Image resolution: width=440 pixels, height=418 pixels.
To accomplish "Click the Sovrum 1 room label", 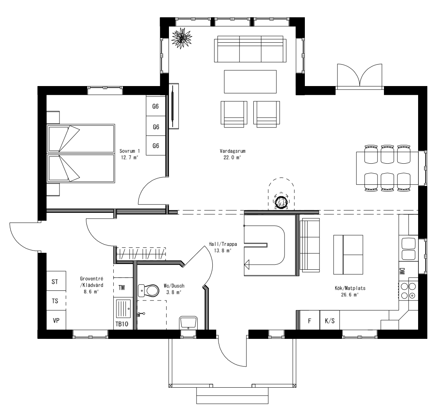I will coord(128,154).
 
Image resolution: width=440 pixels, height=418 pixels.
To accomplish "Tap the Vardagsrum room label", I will coord(230,154).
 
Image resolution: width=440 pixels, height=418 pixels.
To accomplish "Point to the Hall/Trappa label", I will coord(223,247).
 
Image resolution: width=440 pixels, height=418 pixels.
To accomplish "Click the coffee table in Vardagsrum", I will coord(250,81).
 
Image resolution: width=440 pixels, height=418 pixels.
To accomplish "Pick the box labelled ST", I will coord(55,282).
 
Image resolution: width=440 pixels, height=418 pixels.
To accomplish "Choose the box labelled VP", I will coord(56,320).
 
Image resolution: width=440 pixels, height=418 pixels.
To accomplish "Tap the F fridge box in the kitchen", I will coord(309,321).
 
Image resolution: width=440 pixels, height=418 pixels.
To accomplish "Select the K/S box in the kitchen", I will coord(329,321).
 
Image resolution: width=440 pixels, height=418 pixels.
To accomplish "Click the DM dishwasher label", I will coord(403,271).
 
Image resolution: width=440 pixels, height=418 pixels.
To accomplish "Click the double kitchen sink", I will coord(408,249).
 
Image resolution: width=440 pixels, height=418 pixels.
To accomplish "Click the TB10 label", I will coord(122,324).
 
